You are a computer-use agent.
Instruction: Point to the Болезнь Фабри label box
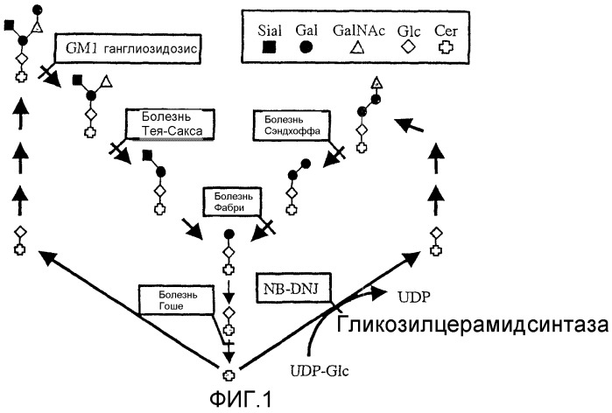[x=229, y=200]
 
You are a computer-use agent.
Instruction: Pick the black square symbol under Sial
[x=269, y=50]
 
